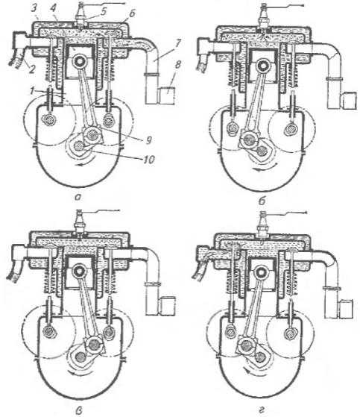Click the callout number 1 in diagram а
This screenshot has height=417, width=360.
32,91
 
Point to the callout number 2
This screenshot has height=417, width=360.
31,69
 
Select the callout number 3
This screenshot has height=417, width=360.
34,8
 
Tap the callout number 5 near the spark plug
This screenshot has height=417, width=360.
103,11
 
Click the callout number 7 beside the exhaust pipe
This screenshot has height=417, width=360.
178,44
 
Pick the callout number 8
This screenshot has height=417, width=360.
177,66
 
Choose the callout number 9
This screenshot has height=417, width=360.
148,139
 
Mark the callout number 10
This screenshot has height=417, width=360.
148,160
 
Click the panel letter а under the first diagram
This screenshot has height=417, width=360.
78,198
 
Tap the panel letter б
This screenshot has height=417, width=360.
262,201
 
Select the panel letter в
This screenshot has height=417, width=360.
79,410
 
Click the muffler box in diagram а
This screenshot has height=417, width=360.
167,95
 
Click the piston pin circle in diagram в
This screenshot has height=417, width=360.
79,272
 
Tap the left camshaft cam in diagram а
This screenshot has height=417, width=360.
50,120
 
